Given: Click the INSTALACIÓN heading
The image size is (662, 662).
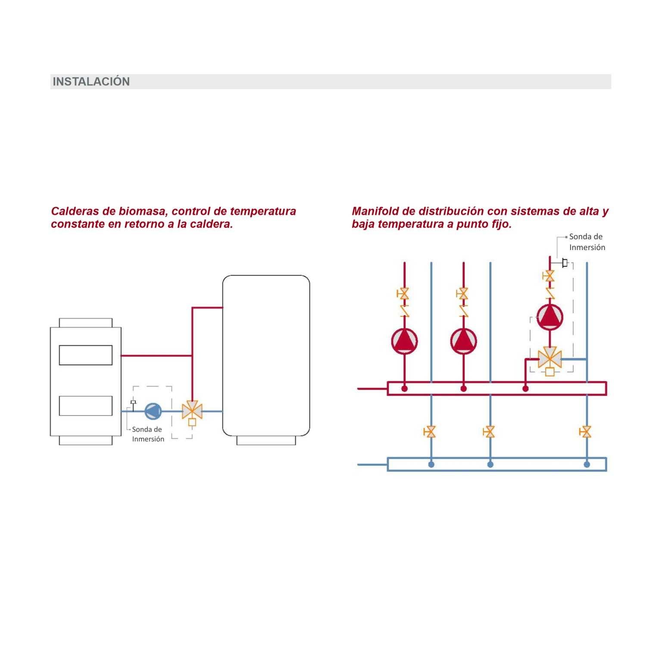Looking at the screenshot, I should (x=91, y=81).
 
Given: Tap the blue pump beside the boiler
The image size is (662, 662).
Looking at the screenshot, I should (x=153, y=411).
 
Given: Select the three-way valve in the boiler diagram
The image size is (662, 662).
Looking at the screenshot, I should (x=192, y=411).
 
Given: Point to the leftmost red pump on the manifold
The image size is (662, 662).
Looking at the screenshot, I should (x=404, y=341).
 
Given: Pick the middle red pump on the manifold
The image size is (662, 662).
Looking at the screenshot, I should (x=463, y=341).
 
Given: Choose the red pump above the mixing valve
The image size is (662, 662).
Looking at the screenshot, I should (x=550, y=317).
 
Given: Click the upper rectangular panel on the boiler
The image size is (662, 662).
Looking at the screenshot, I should (x=86, y=355).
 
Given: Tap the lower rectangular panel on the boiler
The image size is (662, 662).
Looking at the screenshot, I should (x=86, y=406).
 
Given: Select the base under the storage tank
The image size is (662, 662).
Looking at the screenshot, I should (x=266, y=440).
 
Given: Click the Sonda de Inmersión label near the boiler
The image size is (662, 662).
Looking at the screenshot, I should (x=148, y=434).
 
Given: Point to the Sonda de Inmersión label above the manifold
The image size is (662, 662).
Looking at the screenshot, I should (x=587, y=242).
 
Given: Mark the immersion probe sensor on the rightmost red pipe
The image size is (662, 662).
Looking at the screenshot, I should (x=565, y=262).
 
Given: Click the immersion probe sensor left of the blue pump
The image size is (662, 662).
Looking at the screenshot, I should (x=133, y=403).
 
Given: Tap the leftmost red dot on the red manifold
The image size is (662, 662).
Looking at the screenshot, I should (x=404, y=389).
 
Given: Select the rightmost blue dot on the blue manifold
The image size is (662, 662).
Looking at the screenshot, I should (x=587, y=464).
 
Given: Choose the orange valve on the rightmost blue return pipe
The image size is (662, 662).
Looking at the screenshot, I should (x=586, y=431).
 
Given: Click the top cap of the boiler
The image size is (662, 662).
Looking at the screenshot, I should (x=86, y=323).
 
